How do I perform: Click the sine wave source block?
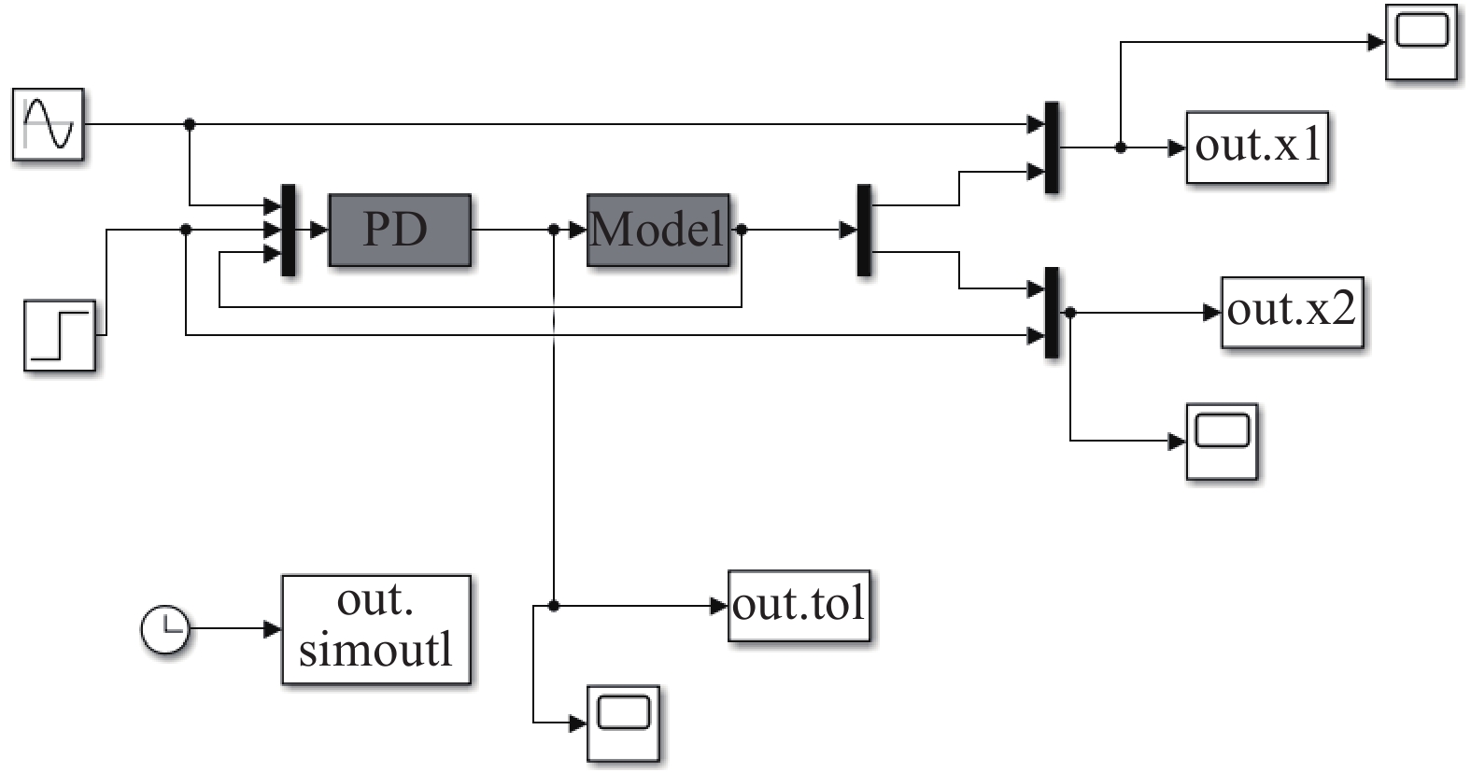[x=49, y=124]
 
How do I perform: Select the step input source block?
[x=60, y=335]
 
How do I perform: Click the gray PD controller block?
[x=400, y=231]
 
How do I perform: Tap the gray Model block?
[x=658, y=231]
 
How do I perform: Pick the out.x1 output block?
[x=1257, y=147]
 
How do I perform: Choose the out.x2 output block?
[x=1292, y=313]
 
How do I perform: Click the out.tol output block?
[x=799, y=606]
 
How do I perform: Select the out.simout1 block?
[x=375, y=629]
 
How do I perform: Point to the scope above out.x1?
[x=1421, y=42]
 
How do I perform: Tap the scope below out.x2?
[x=1222, y=441]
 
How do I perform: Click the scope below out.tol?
[x=623, y=723]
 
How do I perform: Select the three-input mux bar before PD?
[x=289, y=231]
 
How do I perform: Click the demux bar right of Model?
[x=864, y=230]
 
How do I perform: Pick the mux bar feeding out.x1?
[x=1052, y=147]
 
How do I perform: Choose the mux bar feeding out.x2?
[x=1052, y=313]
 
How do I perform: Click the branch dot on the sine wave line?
[x=190, y=123]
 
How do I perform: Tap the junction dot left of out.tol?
[x=554, y=606]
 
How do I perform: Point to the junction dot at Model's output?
[x=742, y=230]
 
